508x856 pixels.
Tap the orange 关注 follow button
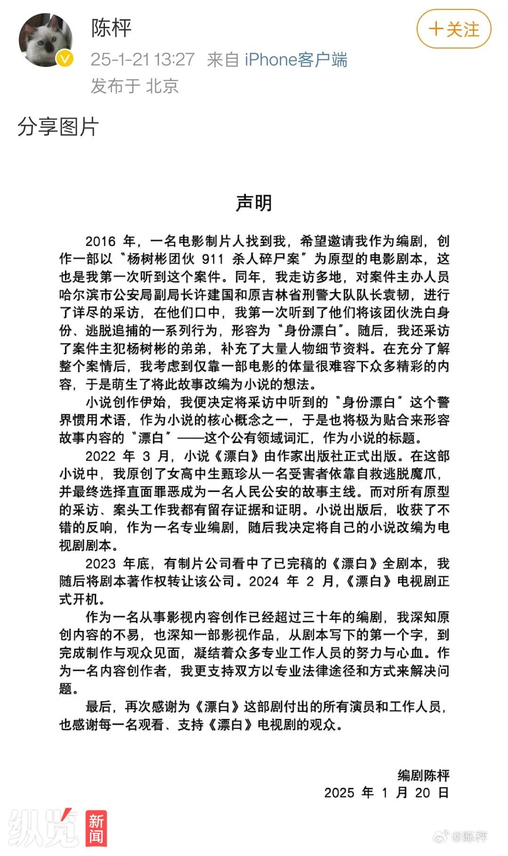tap(454, 29)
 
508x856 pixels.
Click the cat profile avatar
tap(46, 40)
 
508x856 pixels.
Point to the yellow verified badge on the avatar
tap(65, 59)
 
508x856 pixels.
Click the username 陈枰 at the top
tap(112, 28)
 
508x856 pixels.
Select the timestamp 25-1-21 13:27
tap(142, 59)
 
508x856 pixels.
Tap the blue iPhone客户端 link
tap(296, 60)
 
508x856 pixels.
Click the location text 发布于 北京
tap(135, 86)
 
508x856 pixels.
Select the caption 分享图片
tap(58, 127)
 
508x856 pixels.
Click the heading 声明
tap(254, 203)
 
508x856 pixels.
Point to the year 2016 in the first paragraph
tap(100, 242)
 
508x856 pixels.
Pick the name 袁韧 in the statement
tap(396, 295)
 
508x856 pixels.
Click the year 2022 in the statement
tap(100, 457)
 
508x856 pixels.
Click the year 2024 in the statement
tap(264, 582)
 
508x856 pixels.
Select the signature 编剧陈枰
tap(423, 775)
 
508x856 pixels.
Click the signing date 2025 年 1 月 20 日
tap(386, 793)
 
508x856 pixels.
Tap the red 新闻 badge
tap(96, 828)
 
